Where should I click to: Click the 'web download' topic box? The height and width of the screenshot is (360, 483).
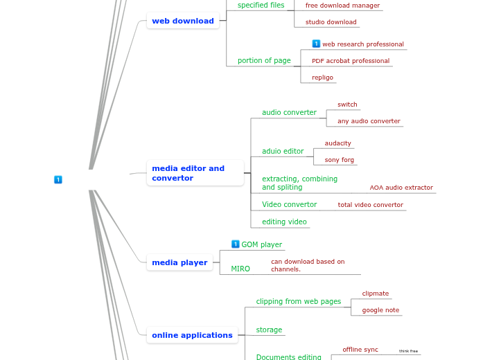tap(183, 21)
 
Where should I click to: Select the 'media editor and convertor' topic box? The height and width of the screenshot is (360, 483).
tap(195, 173)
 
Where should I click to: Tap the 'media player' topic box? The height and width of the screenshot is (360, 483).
tap(179, 262)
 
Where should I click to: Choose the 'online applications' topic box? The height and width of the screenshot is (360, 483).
tap(192, 335)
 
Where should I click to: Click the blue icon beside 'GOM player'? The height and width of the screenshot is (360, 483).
tap(236, 244)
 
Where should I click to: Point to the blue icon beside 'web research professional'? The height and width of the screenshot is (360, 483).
tap(316, 44)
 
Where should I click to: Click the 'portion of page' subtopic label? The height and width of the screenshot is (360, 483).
tap(264, 61)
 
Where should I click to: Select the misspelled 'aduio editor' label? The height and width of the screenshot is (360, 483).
tap(283, 151)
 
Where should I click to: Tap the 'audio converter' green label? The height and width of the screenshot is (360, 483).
tap(289, 112)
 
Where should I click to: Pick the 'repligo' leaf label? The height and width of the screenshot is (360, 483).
tap(322, 78)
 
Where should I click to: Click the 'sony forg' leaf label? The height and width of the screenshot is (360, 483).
tap(339, 160)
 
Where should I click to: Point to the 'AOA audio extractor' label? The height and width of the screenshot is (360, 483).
tap(401, 188)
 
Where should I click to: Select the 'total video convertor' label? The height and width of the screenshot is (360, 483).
tap(370, 205)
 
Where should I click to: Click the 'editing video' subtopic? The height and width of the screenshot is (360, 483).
tap(284, 222)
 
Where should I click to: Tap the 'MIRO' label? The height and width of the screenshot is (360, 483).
tap(240, 269)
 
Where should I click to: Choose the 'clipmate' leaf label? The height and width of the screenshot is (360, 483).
tap(375, 294)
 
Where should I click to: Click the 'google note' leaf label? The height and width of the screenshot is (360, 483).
tap(380, 310)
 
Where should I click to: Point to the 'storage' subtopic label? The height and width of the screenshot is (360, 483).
tap(269, 330)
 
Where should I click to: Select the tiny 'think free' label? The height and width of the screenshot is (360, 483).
tap(408, 351)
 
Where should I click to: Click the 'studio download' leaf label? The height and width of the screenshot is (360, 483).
tap(331, 22)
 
